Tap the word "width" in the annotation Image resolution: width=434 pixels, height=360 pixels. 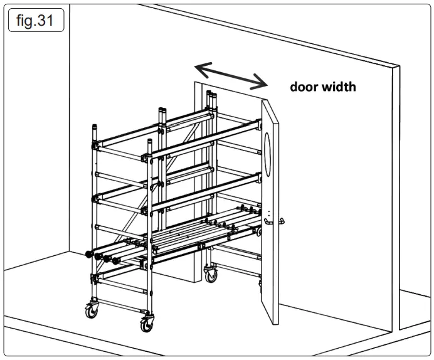pos(339,87)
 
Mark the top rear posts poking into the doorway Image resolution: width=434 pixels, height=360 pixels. pos(212,97)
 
